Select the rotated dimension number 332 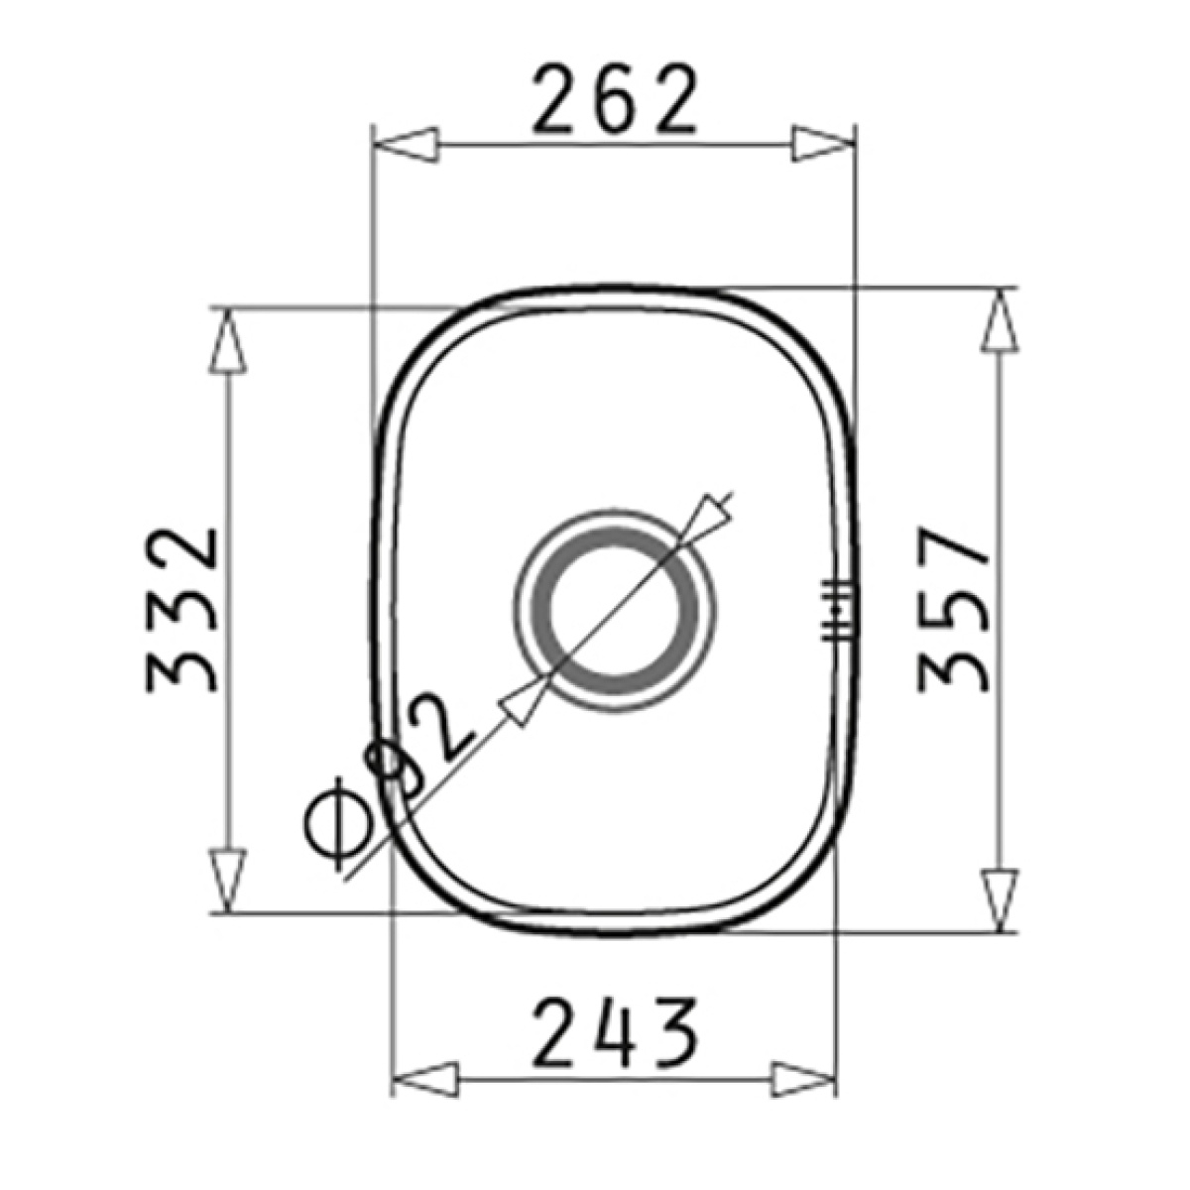[181, 610]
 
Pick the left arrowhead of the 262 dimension [407, 145]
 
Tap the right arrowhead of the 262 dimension [824, 145]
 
